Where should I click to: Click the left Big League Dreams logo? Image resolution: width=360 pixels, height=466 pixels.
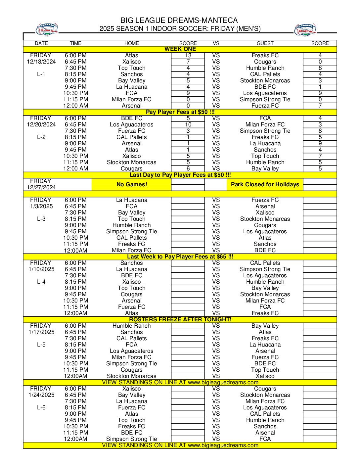click(47, 29)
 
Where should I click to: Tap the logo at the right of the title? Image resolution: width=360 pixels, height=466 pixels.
click(305, 29)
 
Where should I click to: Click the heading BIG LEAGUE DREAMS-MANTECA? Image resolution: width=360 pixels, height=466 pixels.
click(179, 21)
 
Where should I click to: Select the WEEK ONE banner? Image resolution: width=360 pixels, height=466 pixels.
click(180, 49)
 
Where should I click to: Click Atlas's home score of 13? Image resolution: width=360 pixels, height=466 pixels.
click(188, 55)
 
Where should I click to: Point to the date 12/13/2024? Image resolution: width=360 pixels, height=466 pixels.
click(41, 62)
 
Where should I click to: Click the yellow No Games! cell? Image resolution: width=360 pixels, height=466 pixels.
click(131, 184)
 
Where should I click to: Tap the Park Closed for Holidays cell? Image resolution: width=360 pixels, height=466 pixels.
click(265, 184)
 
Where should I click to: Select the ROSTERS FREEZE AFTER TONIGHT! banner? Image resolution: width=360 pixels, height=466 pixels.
click(180, 319)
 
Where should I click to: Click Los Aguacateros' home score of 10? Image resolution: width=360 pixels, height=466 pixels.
click(188, 124)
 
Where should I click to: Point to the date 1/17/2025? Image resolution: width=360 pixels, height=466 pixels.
click(41, 332)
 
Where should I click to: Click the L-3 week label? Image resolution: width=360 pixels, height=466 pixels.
click(41, 219)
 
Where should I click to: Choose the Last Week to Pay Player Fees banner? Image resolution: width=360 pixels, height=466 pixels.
click(180, 256)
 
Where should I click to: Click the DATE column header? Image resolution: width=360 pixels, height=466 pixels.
click(41, 43)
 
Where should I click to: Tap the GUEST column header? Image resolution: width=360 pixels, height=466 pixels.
click(265, 43)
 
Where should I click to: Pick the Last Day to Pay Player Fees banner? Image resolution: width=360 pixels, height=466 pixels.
click(180, 175)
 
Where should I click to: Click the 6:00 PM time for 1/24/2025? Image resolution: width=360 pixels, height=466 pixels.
click(75, 389)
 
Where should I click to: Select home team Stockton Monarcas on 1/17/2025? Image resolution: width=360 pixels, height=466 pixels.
click(131, 376)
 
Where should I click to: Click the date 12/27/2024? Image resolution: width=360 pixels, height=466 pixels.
click(41, 187)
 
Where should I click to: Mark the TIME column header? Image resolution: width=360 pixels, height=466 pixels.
click(75, 43)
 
